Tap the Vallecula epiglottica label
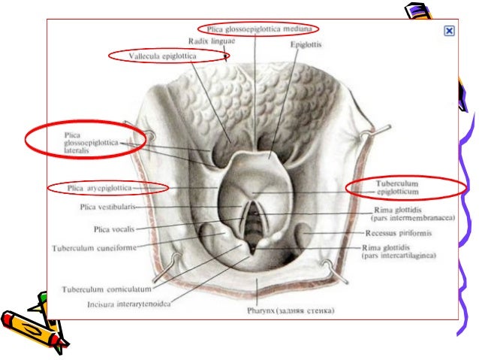pos(167,56)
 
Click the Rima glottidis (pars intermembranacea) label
pos(409,213)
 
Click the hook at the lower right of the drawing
pos(330,265)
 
